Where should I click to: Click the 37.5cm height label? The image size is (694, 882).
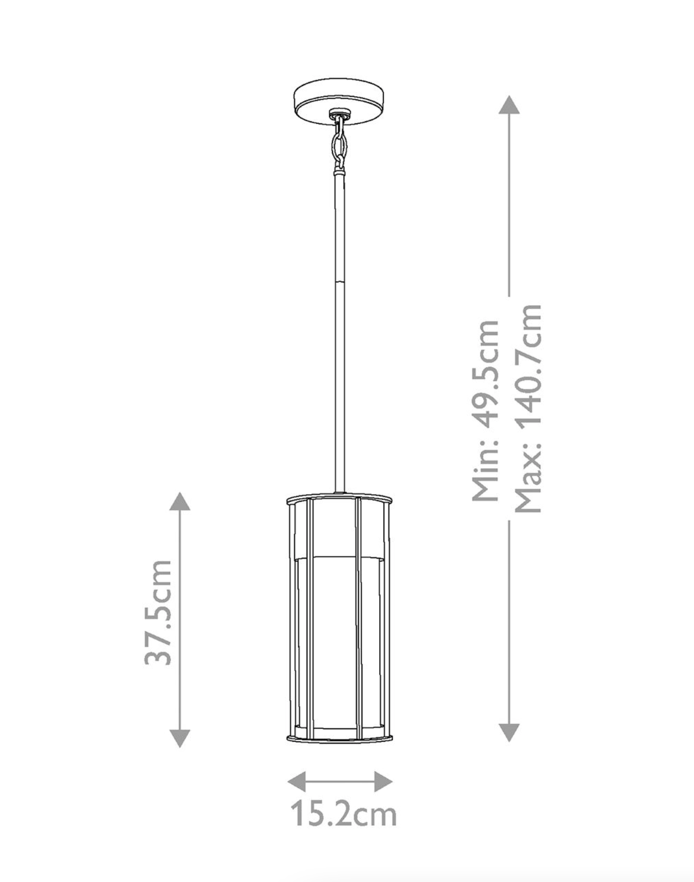158,612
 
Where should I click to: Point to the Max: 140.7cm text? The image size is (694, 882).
529,408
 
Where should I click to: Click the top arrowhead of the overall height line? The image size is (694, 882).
509,105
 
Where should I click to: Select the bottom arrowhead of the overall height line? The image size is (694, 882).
509,733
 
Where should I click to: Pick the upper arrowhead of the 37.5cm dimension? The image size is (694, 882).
180,502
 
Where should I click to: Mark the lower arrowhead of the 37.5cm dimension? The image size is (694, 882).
180,739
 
